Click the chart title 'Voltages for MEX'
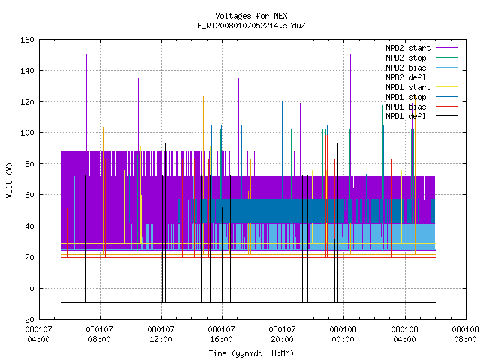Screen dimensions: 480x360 click(x=251, y=16)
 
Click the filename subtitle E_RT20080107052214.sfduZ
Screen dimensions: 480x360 click(x=251, y=25)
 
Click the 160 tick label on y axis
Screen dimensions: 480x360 click(x=27, y=40)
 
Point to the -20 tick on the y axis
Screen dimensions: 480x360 click(x=27, y=319)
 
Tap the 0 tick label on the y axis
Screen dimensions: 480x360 click(x=31, y=288)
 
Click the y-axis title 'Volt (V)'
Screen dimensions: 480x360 click(x=9, y=180)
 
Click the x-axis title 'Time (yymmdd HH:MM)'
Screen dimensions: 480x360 click(x=251, y=353)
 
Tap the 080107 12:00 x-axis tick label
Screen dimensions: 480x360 click(x=160, y=334)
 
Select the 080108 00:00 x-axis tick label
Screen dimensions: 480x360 click(x=343, y=334)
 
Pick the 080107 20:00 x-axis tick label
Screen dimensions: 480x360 click(x=282, y=334)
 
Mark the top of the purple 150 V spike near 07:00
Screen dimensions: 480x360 click(x=87, y=55)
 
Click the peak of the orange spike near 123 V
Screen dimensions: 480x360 click(x=203, y=97)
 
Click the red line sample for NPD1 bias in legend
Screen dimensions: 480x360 click(x=447, y=106)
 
